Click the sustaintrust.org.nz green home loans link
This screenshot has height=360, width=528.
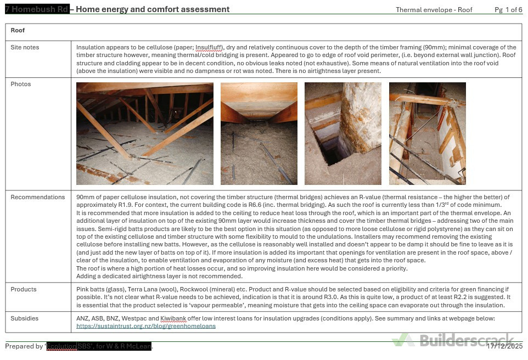[146, 326]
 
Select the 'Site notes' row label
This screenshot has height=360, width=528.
[25, 48]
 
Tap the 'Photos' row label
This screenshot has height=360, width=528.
[21, 85]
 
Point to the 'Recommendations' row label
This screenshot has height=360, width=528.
[37, 198]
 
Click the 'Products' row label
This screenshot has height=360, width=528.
[24, 290]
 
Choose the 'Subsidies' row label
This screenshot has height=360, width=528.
[25, 318]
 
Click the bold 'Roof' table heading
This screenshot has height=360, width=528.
[18, 31]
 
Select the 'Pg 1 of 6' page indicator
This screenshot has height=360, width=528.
[508, 10]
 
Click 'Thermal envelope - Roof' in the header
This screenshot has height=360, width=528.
[434, 10]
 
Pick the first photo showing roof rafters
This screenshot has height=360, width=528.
[145, 133]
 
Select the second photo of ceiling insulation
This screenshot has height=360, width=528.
[259, 133]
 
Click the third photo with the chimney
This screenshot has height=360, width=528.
[342, 133]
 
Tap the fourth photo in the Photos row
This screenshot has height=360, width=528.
[427, 133]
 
